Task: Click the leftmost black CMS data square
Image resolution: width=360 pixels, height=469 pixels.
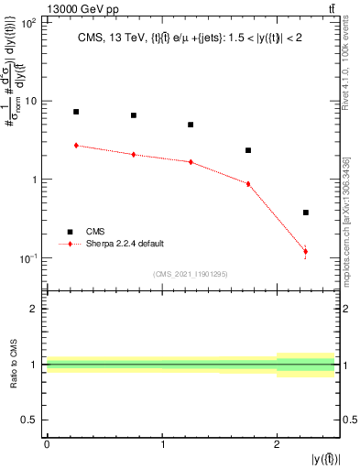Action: pyautogui.click(x=76, y=112)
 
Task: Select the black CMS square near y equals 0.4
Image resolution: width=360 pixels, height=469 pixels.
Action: pyautogui.click(x=305, y=213)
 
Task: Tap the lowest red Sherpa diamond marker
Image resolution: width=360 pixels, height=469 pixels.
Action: pyautogui.click(x=305, y=251)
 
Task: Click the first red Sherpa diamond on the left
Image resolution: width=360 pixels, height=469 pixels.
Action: pyautogui.click(x=76, y=145)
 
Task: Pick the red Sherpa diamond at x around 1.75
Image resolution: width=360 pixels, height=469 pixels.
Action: pyautogui.click(x=248, y=184)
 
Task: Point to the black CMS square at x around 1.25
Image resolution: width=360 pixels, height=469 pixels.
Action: pyautogui.click(x=191, y=125)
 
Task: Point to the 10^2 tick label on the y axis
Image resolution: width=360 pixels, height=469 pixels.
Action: pyautogui.click(x=29, y=21)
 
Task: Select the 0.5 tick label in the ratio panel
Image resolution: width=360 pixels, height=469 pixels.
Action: pyautogui.click(x=33, y=420)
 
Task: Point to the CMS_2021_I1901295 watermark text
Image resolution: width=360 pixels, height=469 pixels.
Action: pyautogui.click(x=191, y=274)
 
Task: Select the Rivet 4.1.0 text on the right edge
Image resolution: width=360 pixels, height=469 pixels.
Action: pyautogui.click(x=352, y=73)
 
